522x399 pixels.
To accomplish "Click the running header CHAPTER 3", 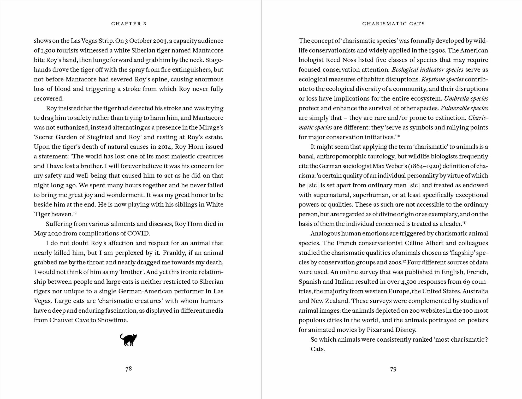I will point(129,24).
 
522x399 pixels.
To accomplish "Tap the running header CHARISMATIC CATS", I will point(393,24).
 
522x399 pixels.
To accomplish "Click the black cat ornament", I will point(128,340).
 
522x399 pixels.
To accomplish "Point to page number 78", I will point(128,369).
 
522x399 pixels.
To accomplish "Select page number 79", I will point(393,369).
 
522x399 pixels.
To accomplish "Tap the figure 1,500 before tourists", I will point(47,50).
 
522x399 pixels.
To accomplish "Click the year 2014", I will point(165,147).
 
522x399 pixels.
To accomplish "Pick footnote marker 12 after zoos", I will point(404,261).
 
